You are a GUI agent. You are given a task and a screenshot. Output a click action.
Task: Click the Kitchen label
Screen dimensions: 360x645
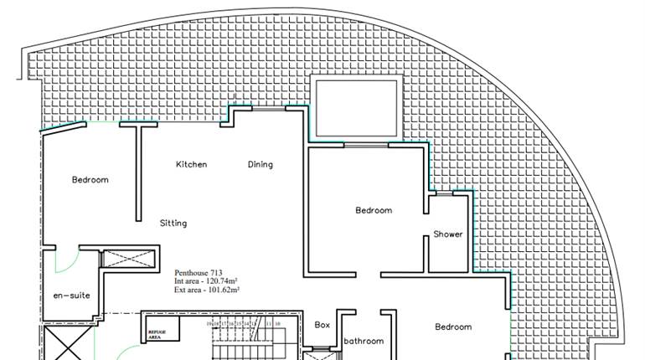click(x=191, y=165)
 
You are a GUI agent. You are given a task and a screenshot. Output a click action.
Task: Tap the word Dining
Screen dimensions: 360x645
click(x=260, y=165)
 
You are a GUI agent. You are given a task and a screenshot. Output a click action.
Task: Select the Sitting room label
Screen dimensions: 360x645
click(x=173, y=224)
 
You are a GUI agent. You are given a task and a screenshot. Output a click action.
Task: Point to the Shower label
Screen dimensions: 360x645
click(x=448, y=234)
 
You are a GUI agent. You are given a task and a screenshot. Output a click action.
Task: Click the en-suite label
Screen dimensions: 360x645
click(x=71, y=296)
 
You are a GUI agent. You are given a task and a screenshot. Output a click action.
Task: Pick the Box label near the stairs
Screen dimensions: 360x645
click(x=322, y=325)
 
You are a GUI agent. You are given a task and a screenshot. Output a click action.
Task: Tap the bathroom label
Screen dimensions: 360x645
click(x=364, y=341)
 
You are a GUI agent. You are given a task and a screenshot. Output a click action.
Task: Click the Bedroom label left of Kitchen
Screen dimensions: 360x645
click(x=90, y=180)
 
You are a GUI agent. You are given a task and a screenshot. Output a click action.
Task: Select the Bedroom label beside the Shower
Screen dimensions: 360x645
click(x=373, y=211)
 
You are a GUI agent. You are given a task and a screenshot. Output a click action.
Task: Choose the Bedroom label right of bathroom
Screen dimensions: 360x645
click(x=453, y=327)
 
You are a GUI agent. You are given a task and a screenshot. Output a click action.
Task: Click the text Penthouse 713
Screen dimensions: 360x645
click(x=199, y=273)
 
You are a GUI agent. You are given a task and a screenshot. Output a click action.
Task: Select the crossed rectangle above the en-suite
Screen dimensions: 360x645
click(x=129, y=257)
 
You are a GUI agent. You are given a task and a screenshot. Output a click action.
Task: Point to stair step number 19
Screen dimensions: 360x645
click(x=209, y=322)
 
